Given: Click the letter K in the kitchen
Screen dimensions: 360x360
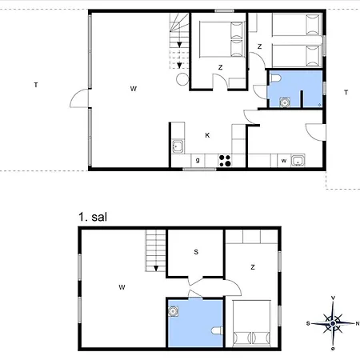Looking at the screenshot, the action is pos(207,135).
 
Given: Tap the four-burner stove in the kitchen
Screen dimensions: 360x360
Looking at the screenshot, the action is pos(225,161).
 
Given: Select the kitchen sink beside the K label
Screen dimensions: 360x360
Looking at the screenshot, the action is pos(178,146).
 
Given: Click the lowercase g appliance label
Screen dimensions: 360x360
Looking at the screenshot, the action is pos(198,160).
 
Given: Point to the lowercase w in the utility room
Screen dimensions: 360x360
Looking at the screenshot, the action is pos(284,161).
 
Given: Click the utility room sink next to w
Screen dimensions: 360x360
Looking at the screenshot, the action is pos(298,161).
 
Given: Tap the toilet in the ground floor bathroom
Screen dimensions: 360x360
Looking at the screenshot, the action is pos(275,78).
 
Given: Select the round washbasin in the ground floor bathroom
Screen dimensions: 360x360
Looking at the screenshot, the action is pos(285,102).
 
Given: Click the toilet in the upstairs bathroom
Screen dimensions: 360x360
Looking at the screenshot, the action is pos(218,331).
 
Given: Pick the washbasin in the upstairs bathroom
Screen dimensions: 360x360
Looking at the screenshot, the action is pos(173,311).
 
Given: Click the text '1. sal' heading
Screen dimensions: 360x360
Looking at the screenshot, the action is pos(93,217).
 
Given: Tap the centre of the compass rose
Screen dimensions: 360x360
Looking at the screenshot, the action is pos(333,323).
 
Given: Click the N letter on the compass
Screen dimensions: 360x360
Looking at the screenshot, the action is pos(358,323).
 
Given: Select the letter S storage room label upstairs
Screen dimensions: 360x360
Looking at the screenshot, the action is pos(196,252).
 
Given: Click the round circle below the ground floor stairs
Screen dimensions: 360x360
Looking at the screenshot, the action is pos(182,79).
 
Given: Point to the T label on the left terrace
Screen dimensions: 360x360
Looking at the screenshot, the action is pos(36,85).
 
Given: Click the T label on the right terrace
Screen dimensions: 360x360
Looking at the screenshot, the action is pos(346,93).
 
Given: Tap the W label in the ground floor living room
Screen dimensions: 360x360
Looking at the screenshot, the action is pos(134,89).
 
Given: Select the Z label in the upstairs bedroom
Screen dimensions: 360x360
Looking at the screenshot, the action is pos(253,267).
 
